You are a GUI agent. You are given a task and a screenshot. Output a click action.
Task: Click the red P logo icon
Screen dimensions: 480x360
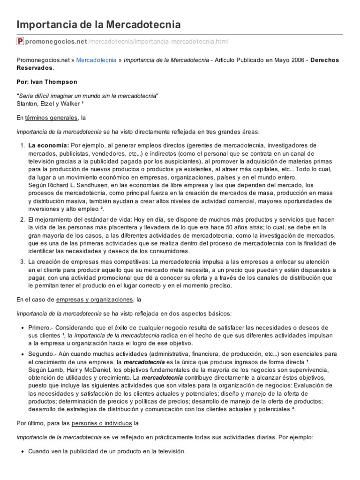click(20, 42)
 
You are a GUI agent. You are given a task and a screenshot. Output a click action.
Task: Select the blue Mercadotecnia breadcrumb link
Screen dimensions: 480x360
click(97, 60)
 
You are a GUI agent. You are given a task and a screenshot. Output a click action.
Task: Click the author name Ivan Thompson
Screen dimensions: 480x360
click(54, 82)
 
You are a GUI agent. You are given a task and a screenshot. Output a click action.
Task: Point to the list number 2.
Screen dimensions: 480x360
click(22, 219)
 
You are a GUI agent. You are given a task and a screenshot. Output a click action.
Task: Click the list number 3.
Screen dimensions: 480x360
click(22, 262)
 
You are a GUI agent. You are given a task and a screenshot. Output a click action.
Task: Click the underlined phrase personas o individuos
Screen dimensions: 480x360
click(102, 423)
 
